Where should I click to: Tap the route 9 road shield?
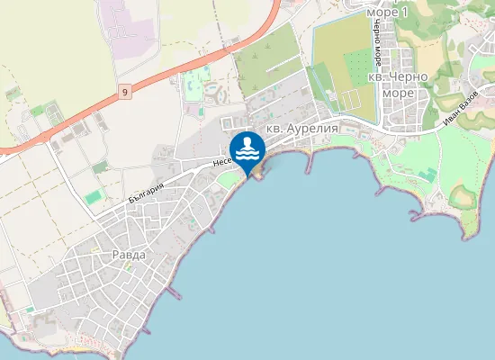coord(123,92)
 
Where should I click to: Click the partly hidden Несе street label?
coord(222,160)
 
